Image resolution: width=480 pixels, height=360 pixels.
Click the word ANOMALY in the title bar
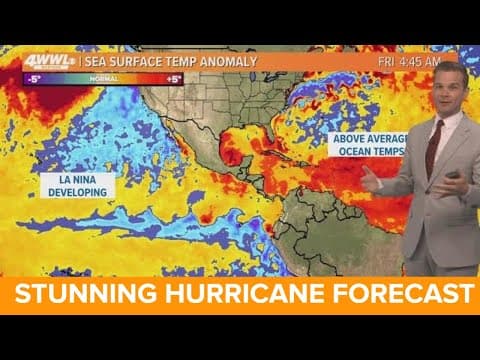pos(229,61)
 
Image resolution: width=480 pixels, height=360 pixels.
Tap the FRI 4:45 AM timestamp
pos(409,61)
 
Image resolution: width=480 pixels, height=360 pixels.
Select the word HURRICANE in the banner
pos(246,295)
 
